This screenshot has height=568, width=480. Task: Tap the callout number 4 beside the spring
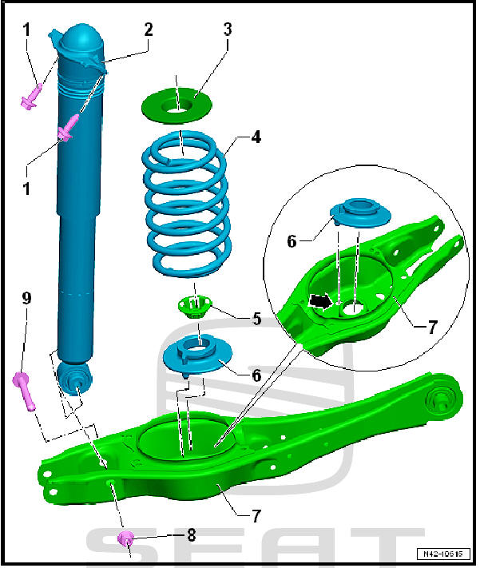[256, 137]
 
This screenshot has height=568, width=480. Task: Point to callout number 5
[256, 319]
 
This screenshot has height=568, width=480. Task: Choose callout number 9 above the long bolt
[26, 298]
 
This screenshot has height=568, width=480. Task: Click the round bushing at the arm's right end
[442, 397]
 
